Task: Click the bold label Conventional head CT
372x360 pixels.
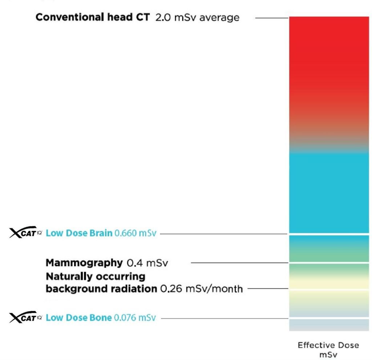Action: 93,17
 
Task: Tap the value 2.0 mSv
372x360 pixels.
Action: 174,17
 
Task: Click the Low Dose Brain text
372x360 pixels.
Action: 79,233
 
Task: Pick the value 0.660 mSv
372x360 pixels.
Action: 135,233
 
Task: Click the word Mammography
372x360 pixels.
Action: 84,262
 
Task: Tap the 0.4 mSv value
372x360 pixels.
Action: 149,262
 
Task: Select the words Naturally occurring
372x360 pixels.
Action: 96,277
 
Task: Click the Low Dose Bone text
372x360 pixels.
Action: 79,318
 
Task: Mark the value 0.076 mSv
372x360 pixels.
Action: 135,318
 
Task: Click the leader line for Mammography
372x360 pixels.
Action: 240,262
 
